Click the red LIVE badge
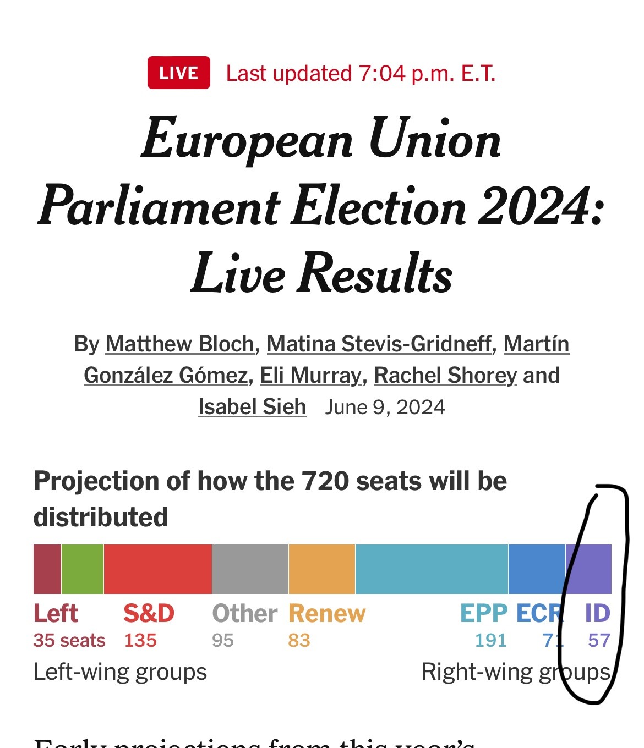point(178,73)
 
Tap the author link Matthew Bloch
point(179,344)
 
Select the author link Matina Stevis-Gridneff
point(379,344)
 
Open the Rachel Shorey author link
point(445,376)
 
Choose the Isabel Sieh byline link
point(252,407)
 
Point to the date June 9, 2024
point(385,408)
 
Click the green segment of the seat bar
point(83,569)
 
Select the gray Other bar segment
point(250,569)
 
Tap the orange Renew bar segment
point(322,569)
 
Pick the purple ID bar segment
point(589,569)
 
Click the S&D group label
point(149,614)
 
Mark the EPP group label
point(484,614)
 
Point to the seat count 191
point(490,641)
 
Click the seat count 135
point(140,641)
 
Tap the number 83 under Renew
point(299,641)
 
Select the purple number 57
point(599,641)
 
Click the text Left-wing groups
point(120,672)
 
